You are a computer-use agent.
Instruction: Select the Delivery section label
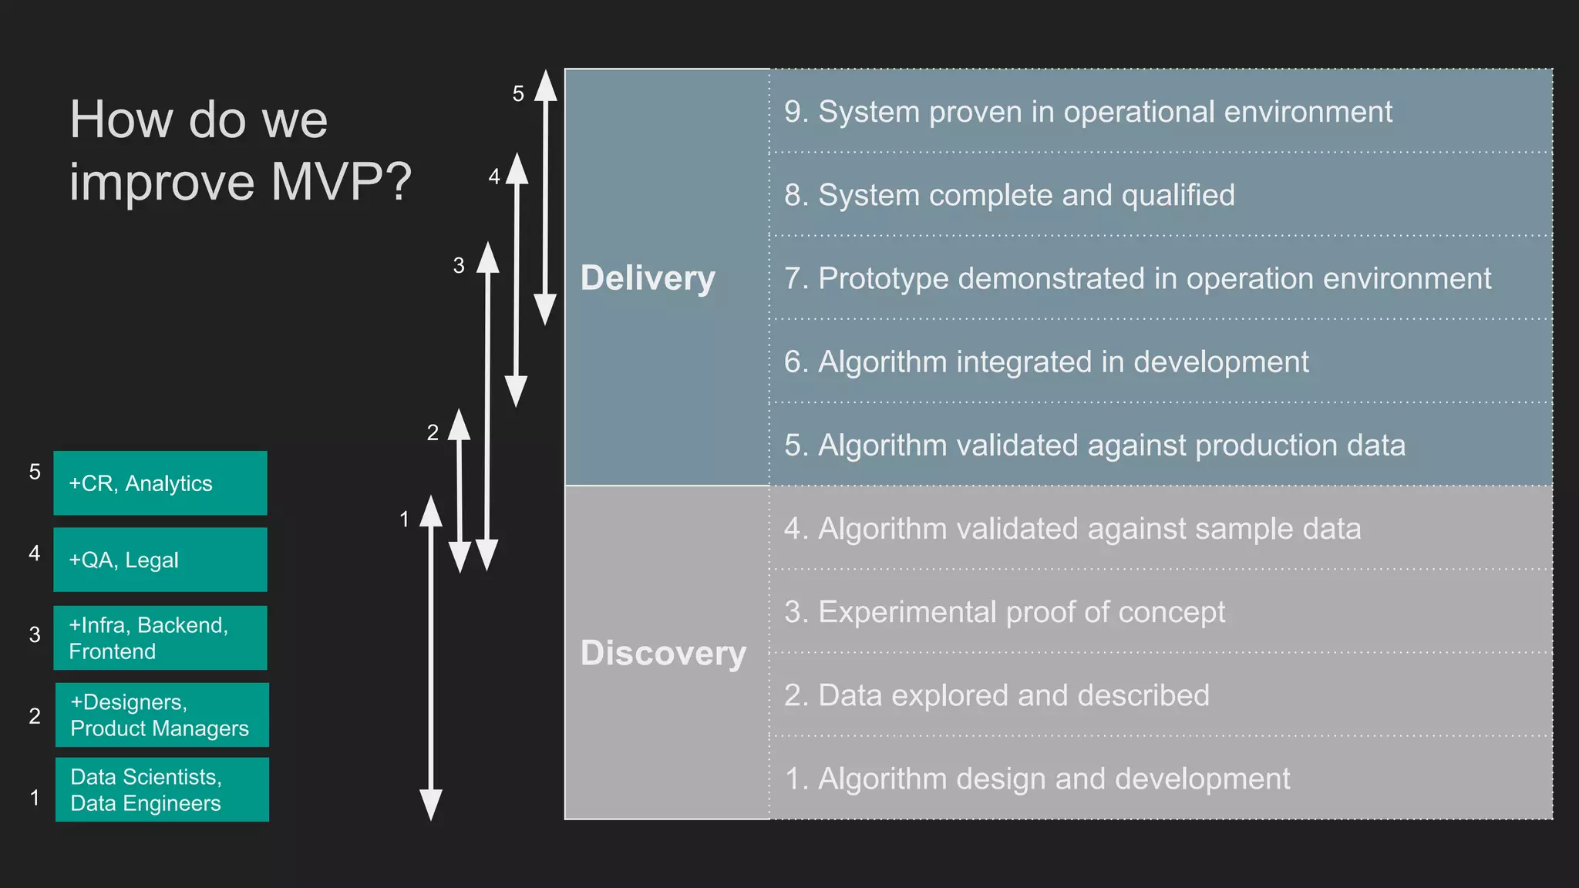coord(648,278)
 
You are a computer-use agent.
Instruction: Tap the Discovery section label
coord(663,653)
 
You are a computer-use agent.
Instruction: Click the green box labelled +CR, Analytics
coord(160,483)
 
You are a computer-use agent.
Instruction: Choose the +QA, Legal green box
coord(160,560)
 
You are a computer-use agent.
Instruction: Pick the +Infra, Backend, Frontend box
coord(160,637)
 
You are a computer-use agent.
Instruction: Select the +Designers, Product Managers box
coord(162,715)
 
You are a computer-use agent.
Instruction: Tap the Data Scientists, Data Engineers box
coord(162,789)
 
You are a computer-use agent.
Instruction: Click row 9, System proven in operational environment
coord(1088,112)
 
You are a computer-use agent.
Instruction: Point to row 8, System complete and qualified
coord(1009,195)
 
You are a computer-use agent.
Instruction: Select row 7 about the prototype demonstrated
coord(1137,278)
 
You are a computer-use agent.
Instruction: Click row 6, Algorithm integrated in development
coord(1046,362)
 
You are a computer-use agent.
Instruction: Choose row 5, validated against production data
coord(1095,445)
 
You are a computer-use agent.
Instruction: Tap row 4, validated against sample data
coord(1072,529)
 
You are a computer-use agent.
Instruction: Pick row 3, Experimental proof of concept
coord(1005,612)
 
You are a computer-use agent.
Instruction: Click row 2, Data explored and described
coord(997,695)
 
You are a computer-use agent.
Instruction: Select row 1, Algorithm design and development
coord(1037,779)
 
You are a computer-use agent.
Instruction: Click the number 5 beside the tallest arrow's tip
coord(518,94)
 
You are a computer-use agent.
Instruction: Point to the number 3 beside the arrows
coord(459,266)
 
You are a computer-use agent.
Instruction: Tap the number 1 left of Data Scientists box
coord(35,797)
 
